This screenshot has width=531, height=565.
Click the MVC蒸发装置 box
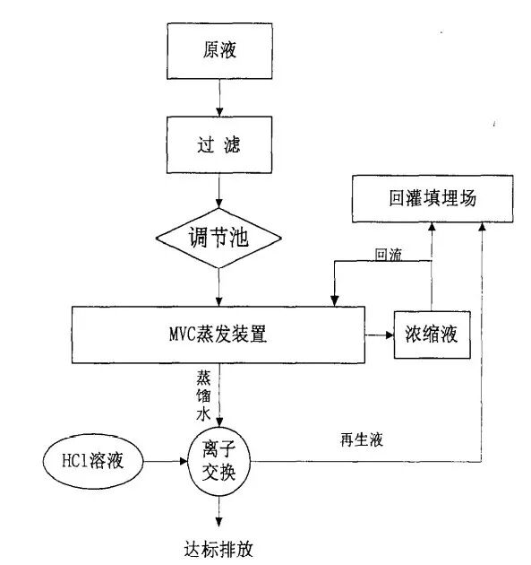click(219, 335)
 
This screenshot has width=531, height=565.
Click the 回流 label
click(389, 255)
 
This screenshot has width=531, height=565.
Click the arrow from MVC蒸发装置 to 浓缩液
click(379, 335)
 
